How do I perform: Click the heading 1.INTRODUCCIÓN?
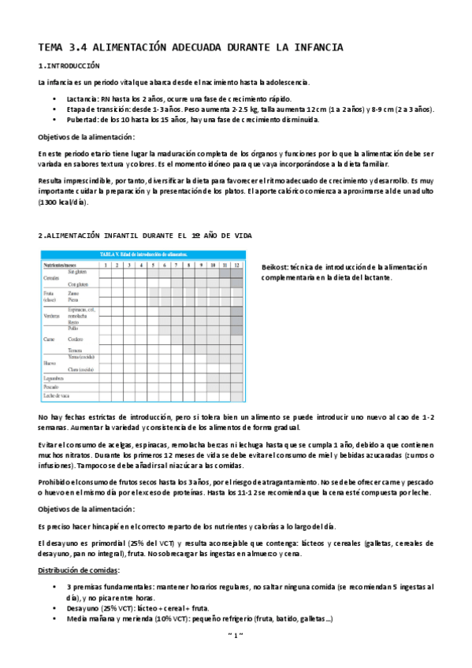pyautogui.click(x=69, y=66)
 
